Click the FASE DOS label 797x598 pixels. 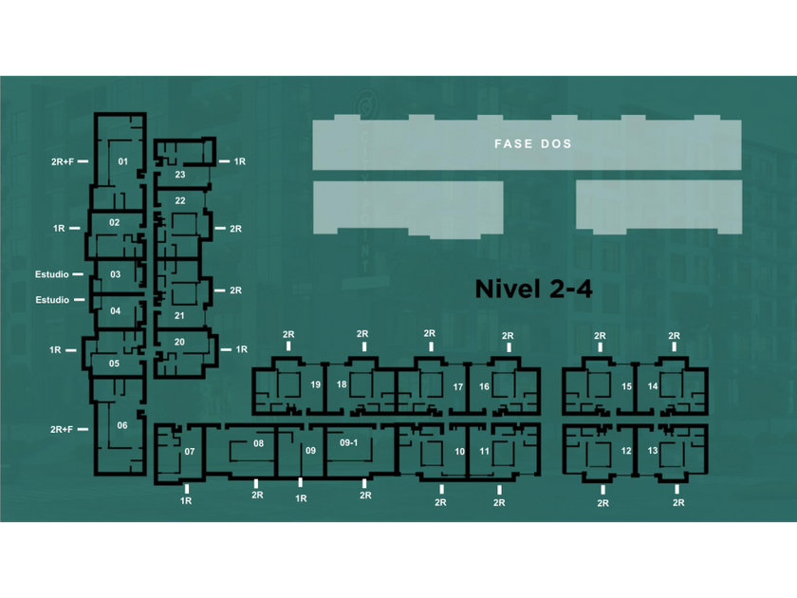tap(533, 144)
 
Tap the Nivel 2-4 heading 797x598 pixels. tap(533, 289)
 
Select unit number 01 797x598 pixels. tap(123, 162)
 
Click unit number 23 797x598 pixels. tap(180, 175)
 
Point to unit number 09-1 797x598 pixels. tap(348, 442)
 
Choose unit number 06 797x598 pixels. tap(122, 426)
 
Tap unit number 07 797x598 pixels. tap(190, 452)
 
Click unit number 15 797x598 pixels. tap(626, 387)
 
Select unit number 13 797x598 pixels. tap(652, 451)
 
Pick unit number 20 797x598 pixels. tap(179, 342)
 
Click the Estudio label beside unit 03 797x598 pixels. tap(52, 275)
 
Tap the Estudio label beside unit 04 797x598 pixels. tap(52, 300)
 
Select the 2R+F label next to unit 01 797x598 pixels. tap(63, 162)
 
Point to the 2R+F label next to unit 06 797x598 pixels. tap(63, 430)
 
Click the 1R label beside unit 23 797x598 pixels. tap(240, 162)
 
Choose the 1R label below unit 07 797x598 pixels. tap(186, 500)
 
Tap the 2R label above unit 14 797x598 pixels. tap(674, 336)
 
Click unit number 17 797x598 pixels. tap(457, 387)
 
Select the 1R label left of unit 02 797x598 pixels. tap(60, 229)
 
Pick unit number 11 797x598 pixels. tap(484, 452)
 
